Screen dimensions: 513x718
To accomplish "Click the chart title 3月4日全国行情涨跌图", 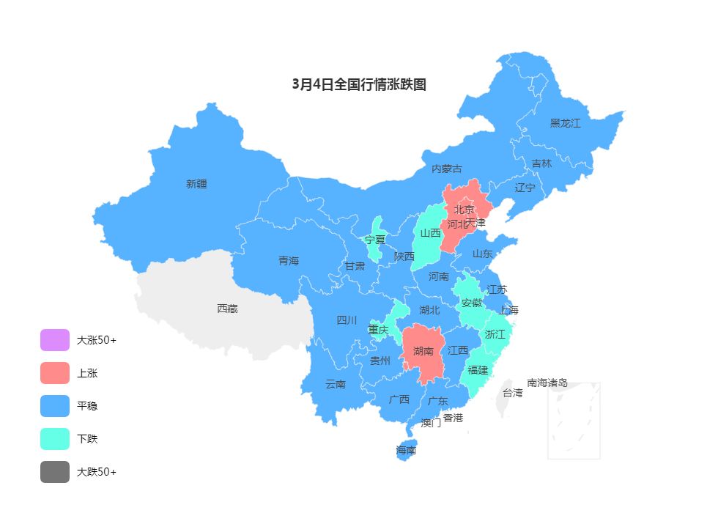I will (359, 84).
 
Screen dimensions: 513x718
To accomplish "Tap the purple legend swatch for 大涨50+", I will (55, 340).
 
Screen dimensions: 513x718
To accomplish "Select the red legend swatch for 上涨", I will (55, 373).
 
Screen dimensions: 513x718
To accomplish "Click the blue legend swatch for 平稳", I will (55, 406).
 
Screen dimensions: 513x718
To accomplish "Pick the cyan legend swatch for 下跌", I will (55, 439).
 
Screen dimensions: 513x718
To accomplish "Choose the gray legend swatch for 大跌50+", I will (55, 472).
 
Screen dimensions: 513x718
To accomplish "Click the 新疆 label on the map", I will (196, 184).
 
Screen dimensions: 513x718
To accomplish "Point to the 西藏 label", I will (227, 309).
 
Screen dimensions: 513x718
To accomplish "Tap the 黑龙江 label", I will (565, 123).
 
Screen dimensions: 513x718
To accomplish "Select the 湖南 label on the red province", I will (423, 351).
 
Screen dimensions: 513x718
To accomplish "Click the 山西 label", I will (431, 233).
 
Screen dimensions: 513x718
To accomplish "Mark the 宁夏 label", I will (375, 240).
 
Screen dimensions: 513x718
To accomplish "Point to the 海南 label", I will (406, 450).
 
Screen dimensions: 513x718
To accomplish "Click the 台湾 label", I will (513, 393).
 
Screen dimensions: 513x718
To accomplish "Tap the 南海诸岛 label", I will (547, 383).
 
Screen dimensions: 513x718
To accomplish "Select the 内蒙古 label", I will (447, 169).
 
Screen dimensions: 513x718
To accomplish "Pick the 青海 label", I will (289, 261).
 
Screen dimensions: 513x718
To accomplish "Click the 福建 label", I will (478, 370).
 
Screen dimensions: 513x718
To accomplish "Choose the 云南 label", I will (336, 384).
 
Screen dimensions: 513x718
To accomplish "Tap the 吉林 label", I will (541, 163).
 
